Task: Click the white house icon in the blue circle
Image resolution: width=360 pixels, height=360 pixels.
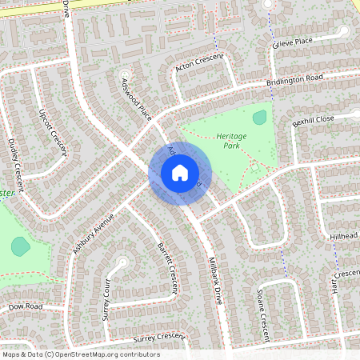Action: point(180,173)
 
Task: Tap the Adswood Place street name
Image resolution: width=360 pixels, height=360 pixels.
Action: point(136,99)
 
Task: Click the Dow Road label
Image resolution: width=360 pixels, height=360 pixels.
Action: point(26,306)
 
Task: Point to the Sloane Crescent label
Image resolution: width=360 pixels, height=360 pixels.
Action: point(262,312)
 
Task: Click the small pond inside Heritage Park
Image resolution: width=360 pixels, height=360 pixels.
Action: point(259,118)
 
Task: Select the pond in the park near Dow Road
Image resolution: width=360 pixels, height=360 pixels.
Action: point(20,246)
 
